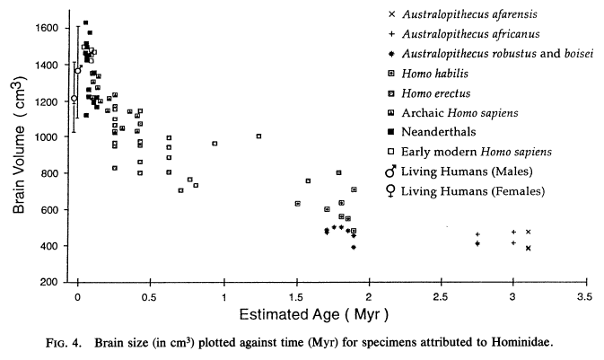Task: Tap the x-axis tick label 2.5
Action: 439,295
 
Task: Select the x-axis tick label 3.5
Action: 583,295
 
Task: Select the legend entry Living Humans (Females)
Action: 468,190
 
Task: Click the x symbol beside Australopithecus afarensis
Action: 390,14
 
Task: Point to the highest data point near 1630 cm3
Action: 85,22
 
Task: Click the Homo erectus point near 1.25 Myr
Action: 258,136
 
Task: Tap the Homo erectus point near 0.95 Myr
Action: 214,144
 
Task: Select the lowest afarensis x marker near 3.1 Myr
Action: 529,249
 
